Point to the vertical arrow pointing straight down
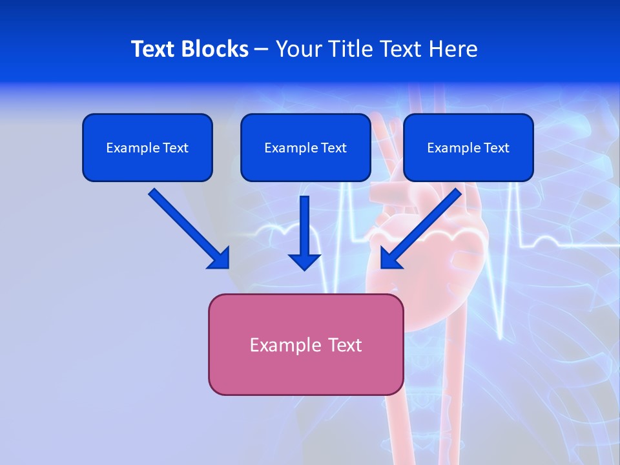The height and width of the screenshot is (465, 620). point(305,226)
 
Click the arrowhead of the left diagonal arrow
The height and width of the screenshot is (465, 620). point(220,258)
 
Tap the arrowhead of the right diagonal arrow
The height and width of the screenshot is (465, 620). point(390,258)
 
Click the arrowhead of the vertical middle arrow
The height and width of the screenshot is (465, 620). point(305,262)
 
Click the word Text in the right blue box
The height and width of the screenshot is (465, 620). point(497,148)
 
